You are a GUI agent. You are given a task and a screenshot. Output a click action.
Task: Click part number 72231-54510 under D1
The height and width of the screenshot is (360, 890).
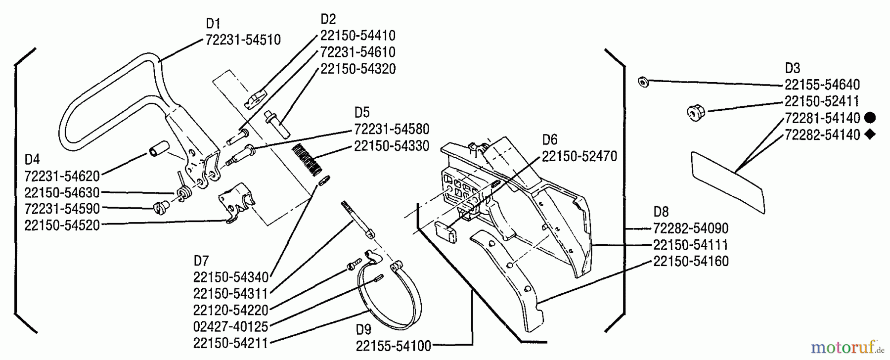coord(243,40)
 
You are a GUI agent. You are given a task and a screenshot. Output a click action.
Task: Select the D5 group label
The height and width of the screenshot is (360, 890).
coord(361,112)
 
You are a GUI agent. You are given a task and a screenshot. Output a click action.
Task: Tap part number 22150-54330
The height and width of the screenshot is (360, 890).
coord(391,146)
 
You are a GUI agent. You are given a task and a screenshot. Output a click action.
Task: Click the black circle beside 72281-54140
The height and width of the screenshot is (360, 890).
coord(871,118)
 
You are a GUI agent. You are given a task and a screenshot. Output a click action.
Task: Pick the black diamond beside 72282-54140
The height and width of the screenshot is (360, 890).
coord(871,134)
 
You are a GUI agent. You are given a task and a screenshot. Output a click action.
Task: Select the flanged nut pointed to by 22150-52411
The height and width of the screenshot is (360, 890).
coord(696,113)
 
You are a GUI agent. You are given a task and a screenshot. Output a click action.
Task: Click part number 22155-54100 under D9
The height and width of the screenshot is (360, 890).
coord(394,345)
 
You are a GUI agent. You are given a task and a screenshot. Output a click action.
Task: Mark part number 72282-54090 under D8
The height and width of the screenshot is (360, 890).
coord(691,228)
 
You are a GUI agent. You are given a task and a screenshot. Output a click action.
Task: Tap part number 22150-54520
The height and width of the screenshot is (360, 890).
coord(62,225)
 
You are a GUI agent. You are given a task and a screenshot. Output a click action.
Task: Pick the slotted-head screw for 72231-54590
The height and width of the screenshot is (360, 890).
coord(160,205)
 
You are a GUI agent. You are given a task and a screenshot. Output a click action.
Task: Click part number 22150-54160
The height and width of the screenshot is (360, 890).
coord(691,261)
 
